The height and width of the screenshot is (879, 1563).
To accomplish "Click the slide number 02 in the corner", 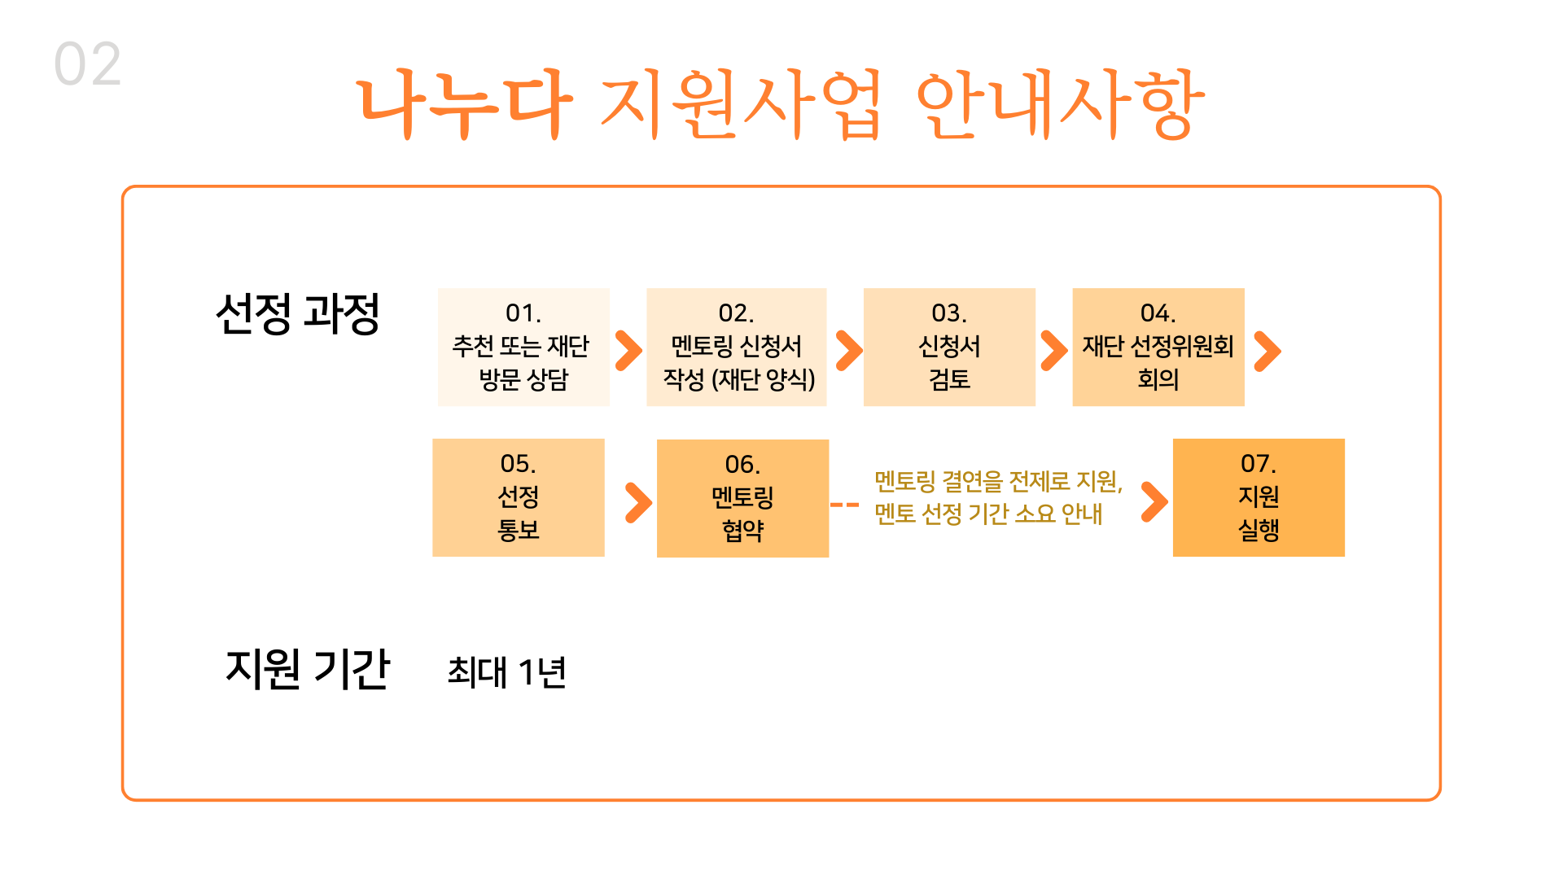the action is point(88,64).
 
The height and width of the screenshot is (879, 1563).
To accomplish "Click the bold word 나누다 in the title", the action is point(465,103).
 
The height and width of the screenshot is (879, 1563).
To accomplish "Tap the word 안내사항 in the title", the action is point(1060,103).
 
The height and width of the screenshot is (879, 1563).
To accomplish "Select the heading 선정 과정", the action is point(298,314).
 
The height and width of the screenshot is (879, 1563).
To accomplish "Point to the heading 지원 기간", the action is point(308,669).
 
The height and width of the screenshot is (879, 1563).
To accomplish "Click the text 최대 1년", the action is point(506,672).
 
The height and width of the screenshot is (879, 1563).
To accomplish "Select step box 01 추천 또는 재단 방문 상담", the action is point(523,347).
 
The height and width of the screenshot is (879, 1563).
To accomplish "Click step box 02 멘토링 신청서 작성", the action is point(736,347).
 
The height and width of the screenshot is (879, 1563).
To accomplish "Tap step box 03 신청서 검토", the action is point(949,347).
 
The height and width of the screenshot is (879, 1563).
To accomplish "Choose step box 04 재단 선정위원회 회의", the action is point(1158,347).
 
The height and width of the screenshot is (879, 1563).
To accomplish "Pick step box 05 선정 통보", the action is point(519,497).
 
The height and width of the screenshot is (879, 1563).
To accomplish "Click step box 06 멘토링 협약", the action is point(742,498).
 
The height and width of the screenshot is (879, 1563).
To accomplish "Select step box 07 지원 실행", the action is point(1259,497).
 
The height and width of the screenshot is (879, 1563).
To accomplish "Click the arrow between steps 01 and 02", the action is point(628,351).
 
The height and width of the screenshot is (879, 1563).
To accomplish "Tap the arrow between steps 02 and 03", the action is point(848,351).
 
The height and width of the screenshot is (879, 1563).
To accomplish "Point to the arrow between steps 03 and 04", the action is point(1053,351).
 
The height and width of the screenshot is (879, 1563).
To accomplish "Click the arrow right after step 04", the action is point(1267,351).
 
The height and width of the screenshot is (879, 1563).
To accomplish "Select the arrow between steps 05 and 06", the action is point(638,502).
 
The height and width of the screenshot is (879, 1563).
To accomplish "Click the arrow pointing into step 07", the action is point(1154,501).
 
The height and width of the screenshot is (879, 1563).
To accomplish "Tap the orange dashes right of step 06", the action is point(844,505).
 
